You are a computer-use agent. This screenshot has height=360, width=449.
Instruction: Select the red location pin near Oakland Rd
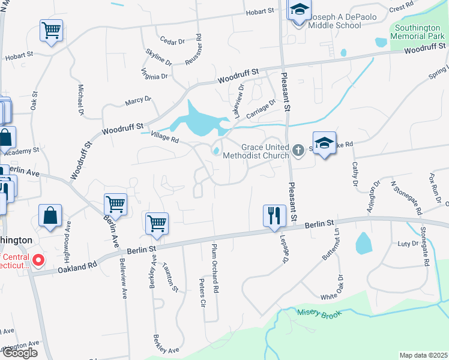click(x=38, y=260)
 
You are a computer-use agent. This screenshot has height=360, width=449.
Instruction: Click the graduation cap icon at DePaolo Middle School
click(x=298, y=11)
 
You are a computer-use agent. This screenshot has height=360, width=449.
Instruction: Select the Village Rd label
click(x=165, y=139)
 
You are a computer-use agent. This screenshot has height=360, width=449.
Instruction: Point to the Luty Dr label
click(x=408, y=244)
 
